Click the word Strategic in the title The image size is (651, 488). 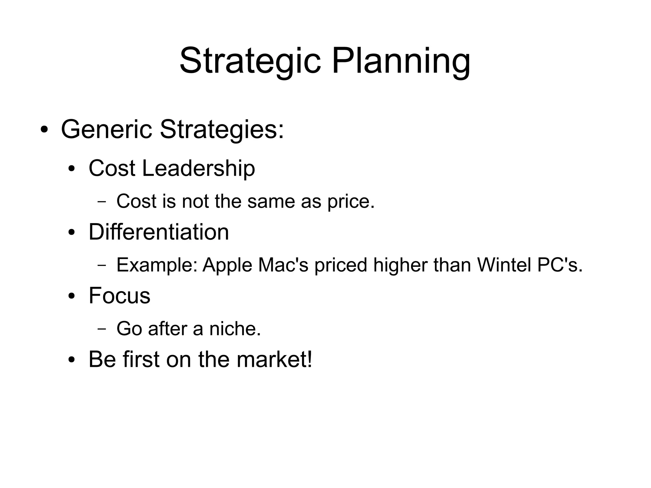tap(250, 61)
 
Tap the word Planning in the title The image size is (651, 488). tap(401, 61)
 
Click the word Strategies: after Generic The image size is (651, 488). tap(222, 129)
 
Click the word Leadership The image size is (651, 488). tap(198, 168)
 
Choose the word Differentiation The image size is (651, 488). tap(159, 232)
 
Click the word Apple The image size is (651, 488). tap(227, 265)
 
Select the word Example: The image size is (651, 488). tap(157, 265)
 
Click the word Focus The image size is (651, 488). tap(119, 295)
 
